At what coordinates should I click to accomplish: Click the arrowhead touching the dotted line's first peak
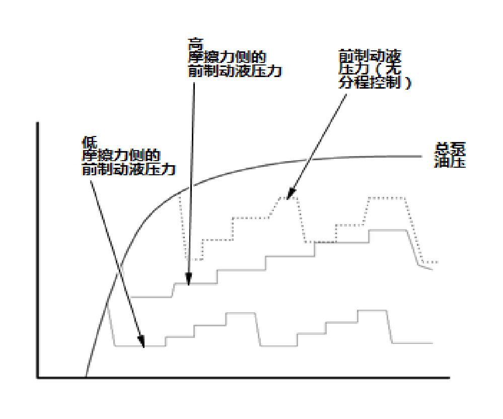coord(290,195)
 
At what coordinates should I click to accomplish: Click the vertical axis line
coord(37,252)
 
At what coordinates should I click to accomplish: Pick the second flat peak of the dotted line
coord(387,197)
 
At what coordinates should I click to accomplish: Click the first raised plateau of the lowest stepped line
coord(242,313)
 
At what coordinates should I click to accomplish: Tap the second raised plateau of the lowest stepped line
coord(372,311)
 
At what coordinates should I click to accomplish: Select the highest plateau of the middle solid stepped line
coord(388,230)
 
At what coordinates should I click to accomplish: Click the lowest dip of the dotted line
coord(194,260)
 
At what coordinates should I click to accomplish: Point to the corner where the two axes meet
coord(37,377)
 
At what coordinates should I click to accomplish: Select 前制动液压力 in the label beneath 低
coord(128,170)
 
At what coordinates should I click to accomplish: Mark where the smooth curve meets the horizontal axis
coord(86,377)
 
